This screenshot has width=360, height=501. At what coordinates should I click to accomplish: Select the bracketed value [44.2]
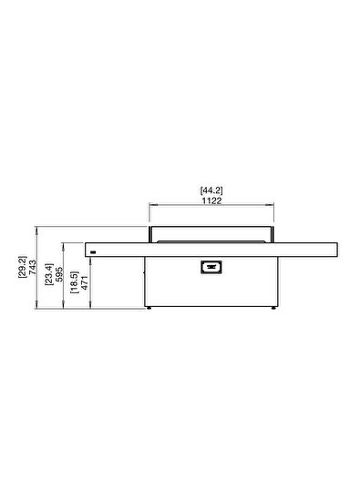click(x=211, y=189)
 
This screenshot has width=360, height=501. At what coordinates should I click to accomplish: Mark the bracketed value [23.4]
click(x=48, y=277)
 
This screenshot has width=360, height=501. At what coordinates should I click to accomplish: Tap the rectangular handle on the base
click(x=211, y=267)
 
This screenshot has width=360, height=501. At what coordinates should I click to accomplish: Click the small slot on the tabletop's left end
click(x=93, y=248)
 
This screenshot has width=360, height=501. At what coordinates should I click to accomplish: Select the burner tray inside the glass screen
click(x=211, y=240)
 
